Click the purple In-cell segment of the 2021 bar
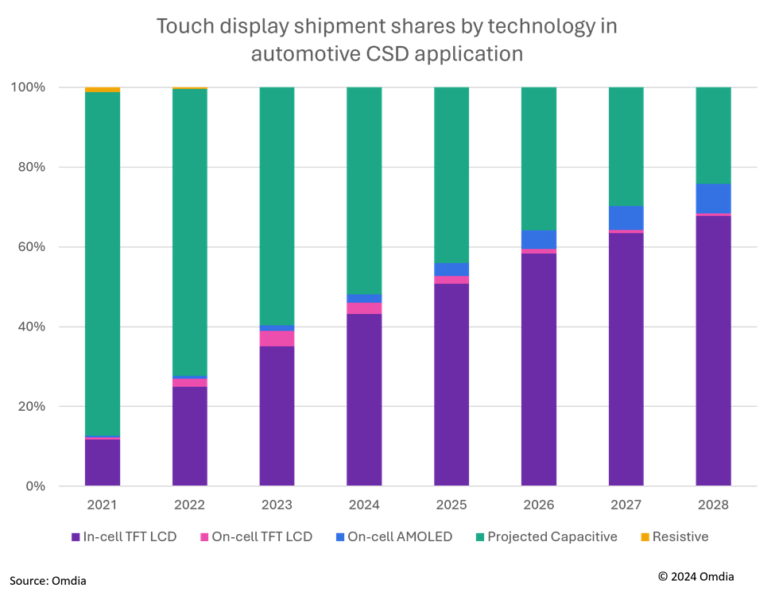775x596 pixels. pos(103,462)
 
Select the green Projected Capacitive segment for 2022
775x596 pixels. pos(190,230)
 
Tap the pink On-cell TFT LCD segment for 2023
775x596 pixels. pos(277,339)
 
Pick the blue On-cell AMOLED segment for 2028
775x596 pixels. pos(713,199)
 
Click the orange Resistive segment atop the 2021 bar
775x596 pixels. pos(103,90)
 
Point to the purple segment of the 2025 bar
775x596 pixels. pos(451,384)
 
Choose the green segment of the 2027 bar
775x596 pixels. pos(626,146)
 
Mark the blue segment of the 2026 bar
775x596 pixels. pos(539,239)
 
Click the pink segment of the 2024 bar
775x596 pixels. pos(364,308)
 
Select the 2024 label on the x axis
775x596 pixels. pos(364,505)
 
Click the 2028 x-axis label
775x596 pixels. pos(713,505)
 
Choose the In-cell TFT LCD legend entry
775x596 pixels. pos(122,537)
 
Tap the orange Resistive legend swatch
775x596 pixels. pos(645,537)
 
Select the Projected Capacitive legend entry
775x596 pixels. pos(546,537)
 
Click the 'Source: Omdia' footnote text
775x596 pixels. pos(48,581)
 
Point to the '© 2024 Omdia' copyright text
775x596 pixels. pos(696,576)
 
